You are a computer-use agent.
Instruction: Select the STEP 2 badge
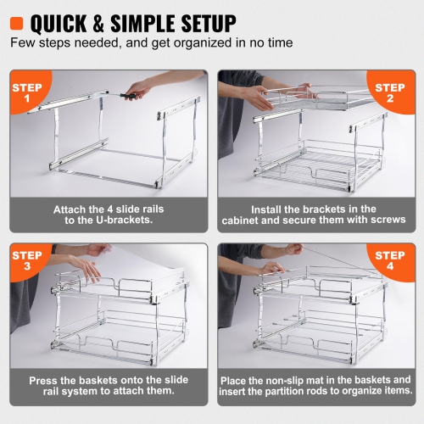coord(391,93)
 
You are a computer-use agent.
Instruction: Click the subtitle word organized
coord(193,40)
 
